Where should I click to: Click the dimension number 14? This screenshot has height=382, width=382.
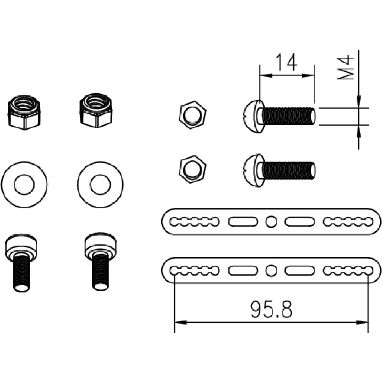coord(286,63)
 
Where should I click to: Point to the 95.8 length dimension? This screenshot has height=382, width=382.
coord(271,310)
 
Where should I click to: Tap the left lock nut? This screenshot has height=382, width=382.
coord(24,112)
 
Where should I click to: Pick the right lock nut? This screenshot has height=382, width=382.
coord(96,111)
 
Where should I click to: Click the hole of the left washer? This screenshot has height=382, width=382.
coord(24,185)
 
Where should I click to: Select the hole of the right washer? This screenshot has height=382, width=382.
coord(100,185)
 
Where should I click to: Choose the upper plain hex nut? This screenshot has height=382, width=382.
coord(192,115)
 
